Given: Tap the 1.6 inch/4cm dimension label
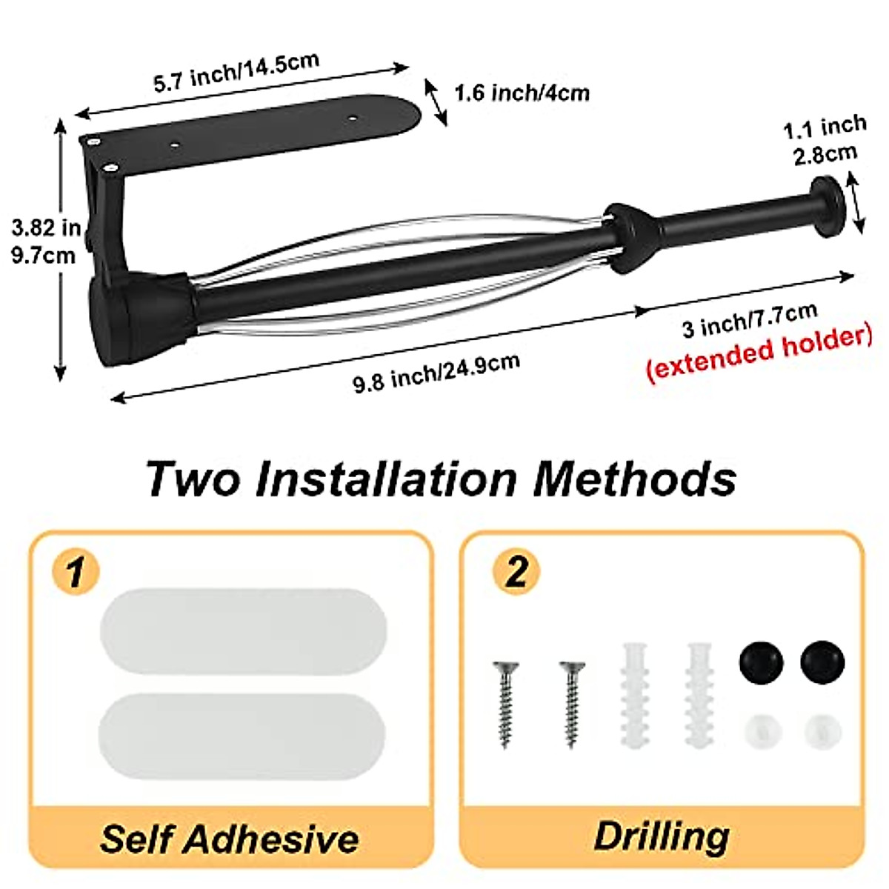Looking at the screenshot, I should (x=522, y=93).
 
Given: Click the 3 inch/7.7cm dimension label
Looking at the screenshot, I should (x=749, y=319).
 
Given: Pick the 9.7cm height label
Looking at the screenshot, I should (x=43, y=256).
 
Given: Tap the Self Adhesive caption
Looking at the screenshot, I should (x=229, y=839).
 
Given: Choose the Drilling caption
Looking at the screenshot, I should (x=661, y=836).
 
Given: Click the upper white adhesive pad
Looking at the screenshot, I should (x=243, y=631).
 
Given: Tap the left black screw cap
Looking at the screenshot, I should (x=760, y=661).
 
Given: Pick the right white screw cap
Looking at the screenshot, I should (x=822, y=730).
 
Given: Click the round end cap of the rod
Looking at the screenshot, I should (x=824, y=207).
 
